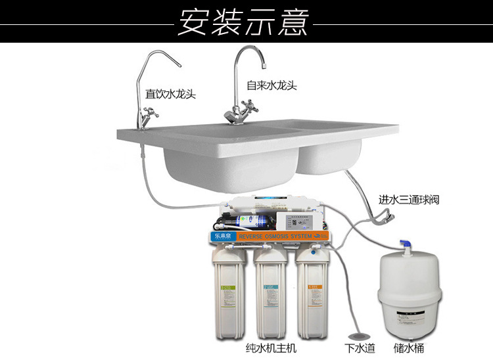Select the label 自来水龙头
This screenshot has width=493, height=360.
271,85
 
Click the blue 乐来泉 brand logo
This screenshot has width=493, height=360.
222,235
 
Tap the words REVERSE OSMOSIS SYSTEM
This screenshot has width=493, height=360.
276,236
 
